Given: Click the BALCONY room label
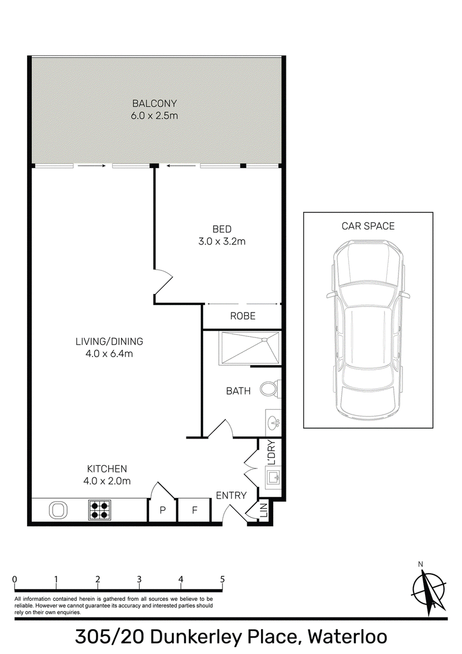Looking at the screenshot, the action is point(154,103).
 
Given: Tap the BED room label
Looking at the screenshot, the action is point(222,229).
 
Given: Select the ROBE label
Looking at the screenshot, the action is point(243,316).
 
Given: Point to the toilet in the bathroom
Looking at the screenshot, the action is point(271,389).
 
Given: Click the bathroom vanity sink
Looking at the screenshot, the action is point(273,423).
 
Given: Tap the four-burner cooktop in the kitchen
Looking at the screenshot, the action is point(99,510).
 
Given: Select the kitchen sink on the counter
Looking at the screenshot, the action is point(58,510).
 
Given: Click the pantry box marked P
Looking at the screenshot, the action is point(163,510).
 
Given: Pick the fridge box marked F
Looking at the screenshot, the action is point(194,510).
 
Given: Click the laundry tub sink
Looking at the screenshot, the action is point(274,478).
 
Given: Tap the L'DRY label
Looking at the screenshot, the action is point(272,452).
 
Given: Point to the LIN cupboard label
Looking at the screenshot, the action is point(263,511).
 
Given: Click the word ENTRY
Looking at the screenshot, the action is point(231,495).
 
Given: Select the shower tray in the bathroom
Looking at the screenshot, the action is point(249,348).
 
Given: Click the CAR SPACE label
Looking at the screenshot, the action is point(368,226).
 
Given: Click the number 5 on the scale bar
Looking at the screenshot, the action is point(222,579).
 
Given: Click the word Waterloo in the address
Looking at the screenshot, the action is point(347,637).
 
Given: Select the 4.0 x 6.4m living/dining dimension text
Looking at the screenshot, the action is point(109,354).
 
